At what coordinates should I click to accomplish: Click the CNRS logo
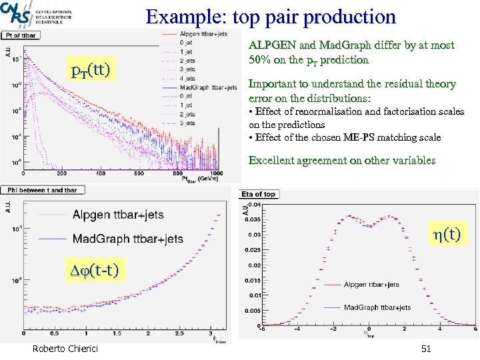pyautogui.click(x=15, y=14)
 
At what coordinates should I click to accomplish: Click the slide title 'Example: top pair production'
pyautogui.click(x=271, y=16)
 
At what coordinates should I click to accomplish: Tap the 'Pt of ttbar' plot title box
pyautogui.click(x=22, y=35)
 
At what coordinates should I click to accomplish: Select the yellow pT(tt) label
pyautogui.click(x=91, y=68)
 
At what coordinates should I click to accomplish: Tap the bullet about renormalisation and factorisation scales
pyautogui.click(x=356, y=117)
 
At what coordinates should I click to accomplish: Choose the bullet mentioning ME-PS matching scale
pyautogui.click(x=344, y=137)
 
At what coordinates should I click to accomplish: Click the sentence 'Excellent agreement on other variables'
pyautogui.click(x=341, y=160)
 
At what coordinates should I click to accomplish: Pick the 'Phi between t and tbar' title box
pyautogui.click(x=40, y=190)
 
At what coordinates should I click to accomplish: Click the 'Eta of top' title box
pyautogui.click(x=259, y=194)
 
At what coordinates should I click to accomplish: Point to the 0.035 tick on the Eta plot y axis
pyautogui.click(x=255, y=219)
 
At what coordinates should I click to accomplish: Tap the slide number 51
pyautogui.click(x=427, y=349)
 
